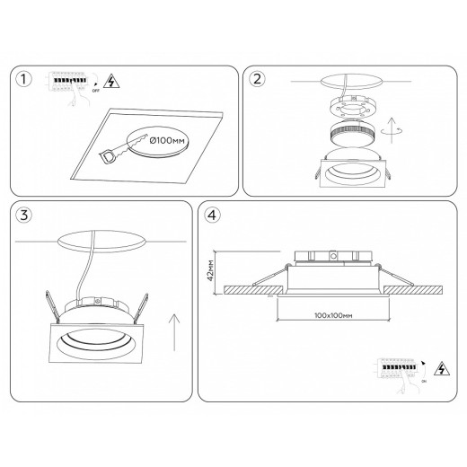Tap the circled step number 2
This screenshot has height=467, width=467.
coord(259,80)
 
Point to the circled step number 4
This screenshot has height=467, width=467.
coord(211,216)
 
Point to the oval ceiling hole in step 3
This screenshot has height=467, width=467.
coord(101,243)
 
